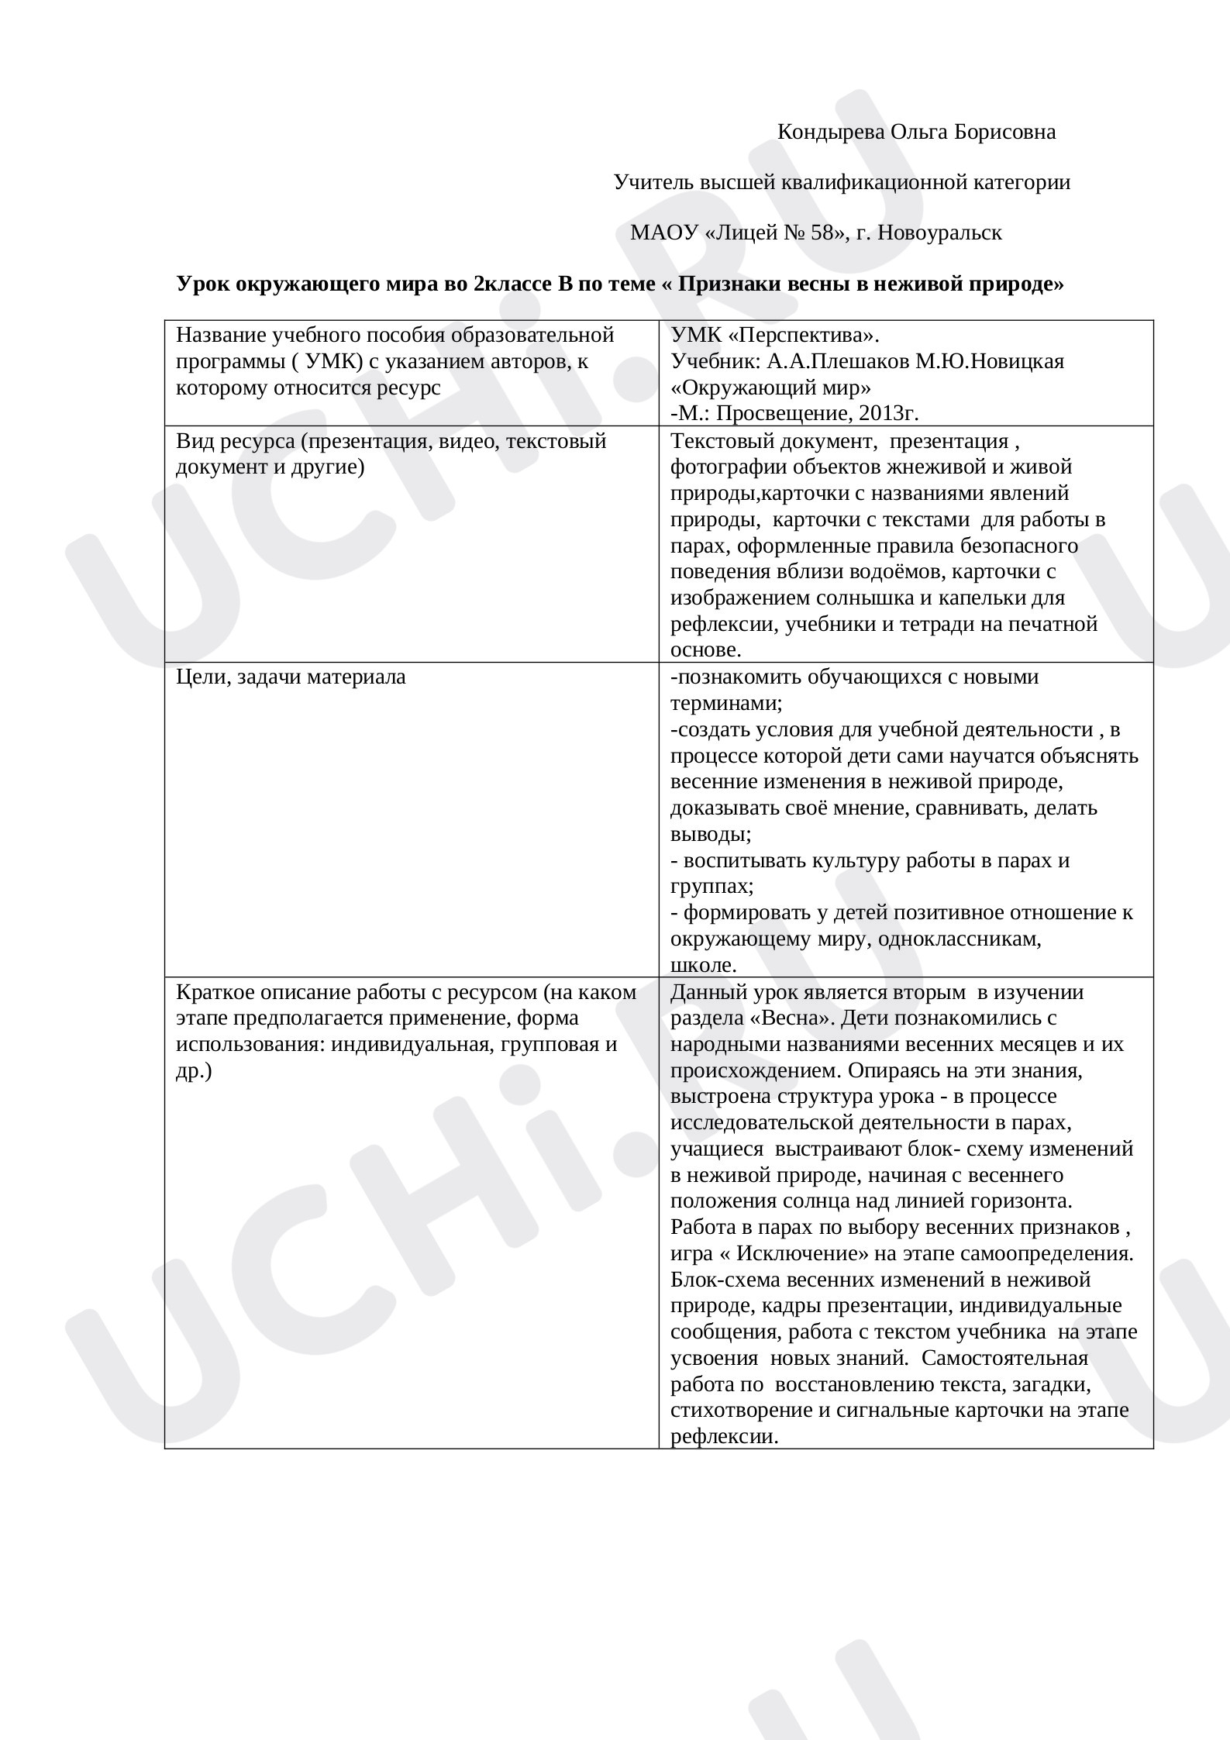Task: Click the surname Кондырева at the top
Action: click(x=830, y=133)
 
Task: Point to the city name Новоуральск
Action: click(x=935, y=233)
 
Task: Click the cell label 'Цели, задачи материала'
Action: click(x=291, y=677)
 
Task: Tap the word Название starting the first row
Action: click(x=222, y=336)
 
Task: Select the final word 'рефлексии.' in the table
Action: click(x=724, y=1437)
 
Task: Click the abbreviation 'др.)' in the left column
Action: click(x=194, y=1071)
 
